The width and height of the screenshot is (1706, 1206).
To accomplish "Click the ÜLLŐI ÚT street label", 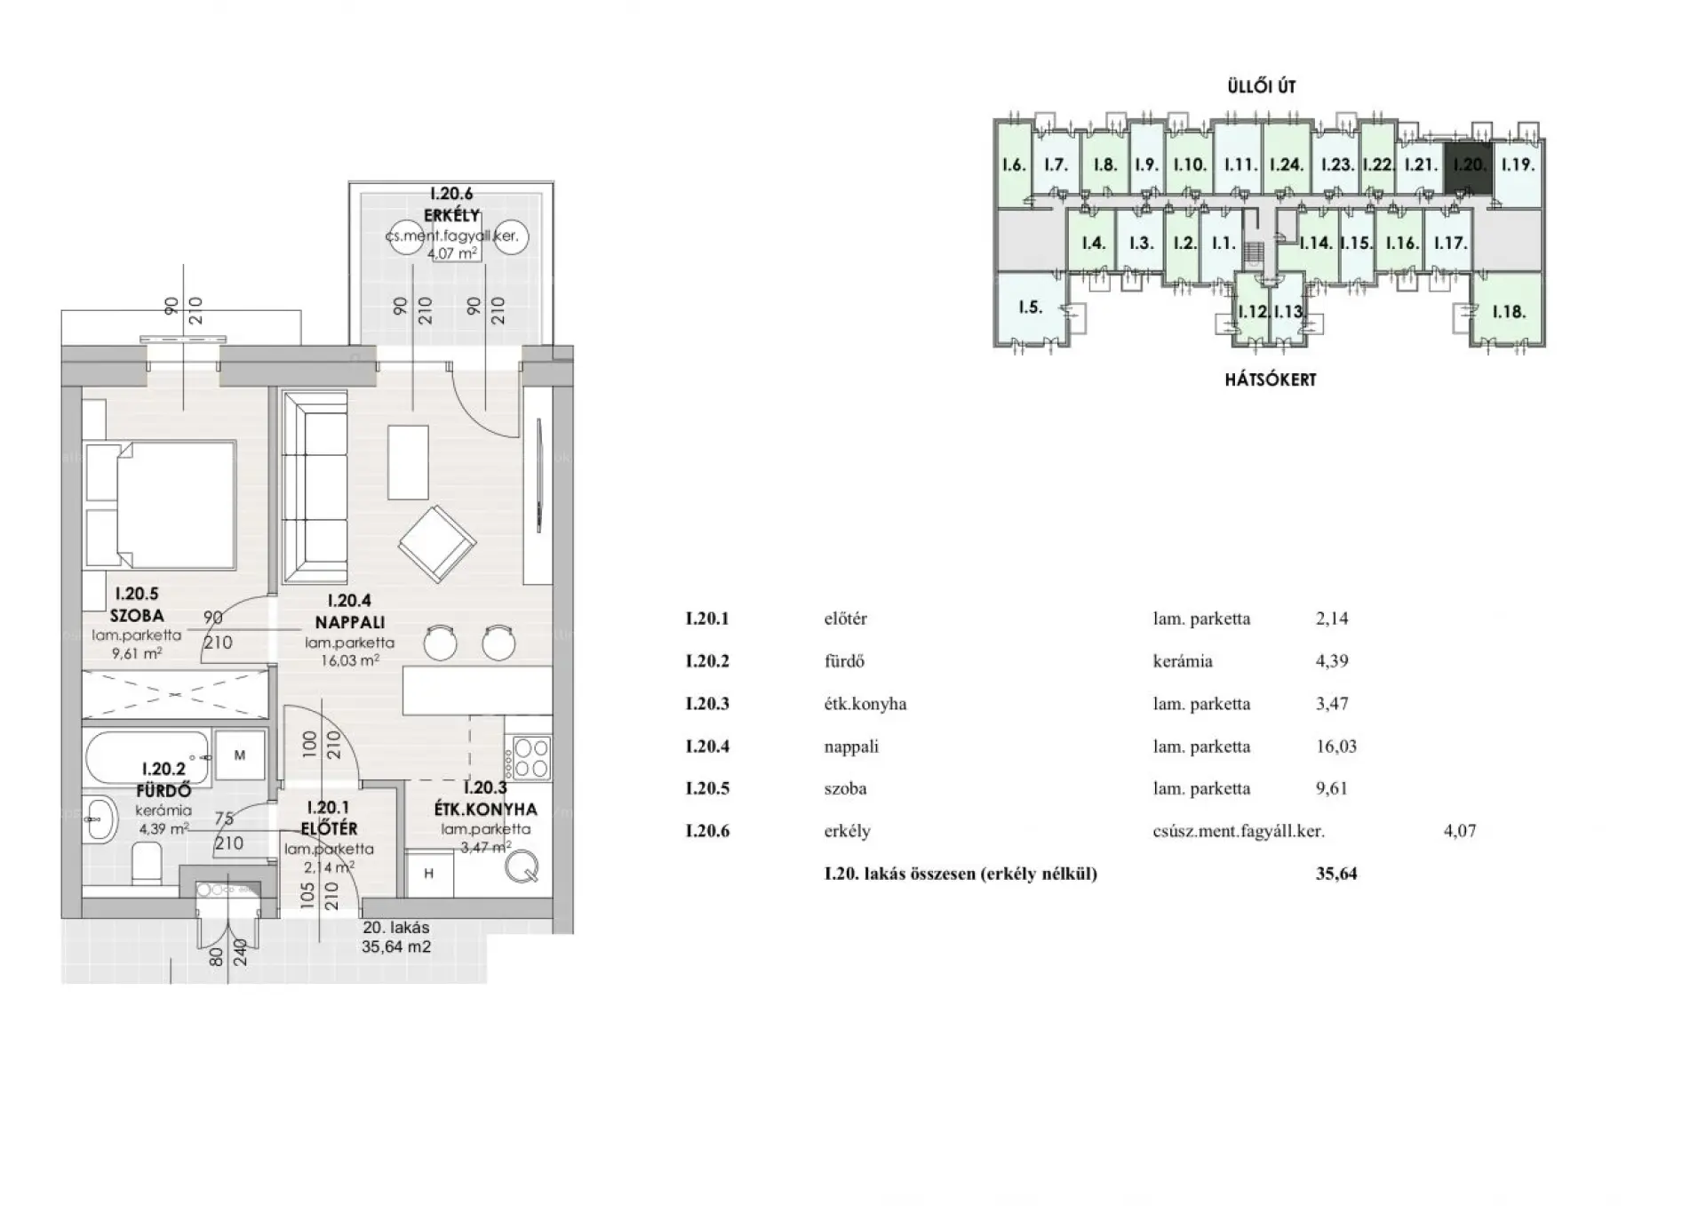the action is pyautogui.click(x=1262, y=86).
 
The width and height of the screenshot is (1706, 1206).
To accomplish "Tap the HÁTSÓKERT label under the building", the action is pyautogui.click(x=1271, y=379).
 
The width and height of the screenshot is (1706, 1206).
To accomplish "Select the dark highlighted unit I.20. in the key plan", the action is pyautogui.click(x=1468, y=166).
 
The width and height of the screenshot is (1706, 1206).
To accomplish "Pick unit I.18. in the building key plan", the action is pyautogui.click(x=1509, y=311).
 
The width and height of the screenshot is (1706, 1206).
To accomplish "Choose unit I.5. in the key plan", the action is pyautogui.click(x=1030, y=307).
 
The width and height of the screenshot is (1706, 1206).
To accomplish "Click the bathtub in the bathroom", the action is pyautogui.click(x=147, y=757).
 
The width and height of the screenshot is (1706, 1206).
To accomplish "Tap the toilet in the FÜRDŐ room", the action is pyautogui.click(x=146, y=863).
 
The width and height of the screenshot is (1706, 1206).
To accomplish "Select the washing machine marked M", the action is pyautogui.click(x=239, y=755).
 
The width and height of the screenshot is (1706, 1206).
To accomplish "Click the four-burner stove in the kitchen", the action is pyautogui.click(x=530, y=758).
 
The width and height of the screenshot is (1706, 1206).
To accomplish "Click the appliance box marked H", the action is pyautogui.click(x=429, y=874).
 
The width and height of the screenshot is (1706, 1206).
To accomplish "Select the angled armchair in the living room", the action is pyautogui.click(x=436, y=543).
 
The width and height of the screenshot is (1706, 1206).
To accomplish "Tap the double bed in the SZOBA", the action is pyautogui.click(x=161, y=505).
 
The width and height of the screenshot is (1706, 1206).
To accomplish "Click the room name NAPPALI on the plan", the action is pyautogui.click(x=349, y=623).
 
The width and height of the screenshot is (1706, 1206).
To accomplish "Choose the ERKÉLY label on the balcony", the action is pyautogui.click(x=451, y=215).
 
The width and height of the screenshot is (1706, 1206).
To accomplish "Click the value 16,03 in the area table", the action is pyautogui.click(x=1336, y=747).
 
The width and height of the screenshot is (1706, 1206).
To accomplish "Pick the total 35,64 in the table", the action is pyautogui.click(x=1336, y=874).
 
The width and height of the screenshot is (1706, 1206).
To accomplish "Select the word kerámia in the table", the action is pyautogui.click(x=1183, y=661).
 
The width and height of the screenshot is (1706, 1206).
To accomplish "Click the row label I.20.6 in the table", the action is pyautogui.click(x=707, y=832).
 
